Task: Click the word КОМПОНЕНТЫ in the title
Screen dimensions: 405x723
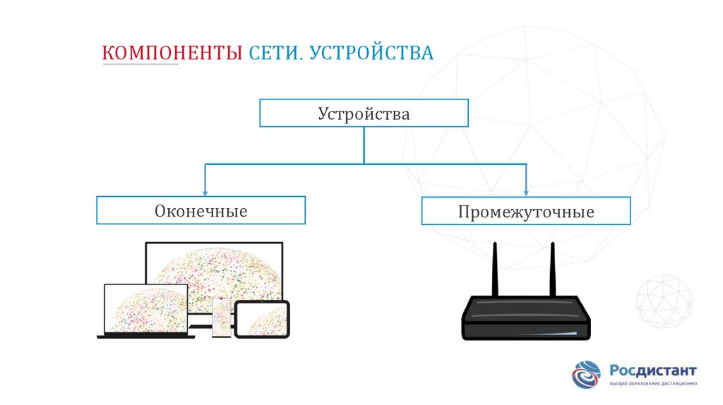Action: tap(172, 54)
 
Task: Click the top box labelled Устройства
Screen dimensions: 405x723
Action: tap(364, 113)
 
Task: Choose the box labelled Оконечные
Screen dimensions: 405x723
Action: tap(201, 210)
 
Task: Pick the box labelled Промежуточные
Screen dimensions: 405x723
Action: tap(526, 211)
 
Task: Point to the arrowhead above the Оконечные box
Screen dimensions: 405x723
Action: tap(205, 191)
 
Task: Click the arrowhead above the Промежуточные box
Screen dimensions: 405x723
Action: tap(526, 191)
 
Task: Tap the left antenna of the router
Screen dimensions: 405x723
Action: tap(496, 269)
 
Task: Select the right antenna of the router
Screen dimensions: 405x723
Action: tap(552, 269)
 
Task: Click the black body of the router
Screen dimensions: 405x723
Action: tap(526, 318)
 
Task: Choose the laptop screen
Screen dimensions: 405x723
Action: tap(146, 309)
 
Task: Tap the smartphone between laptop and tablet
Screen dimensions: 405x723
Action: tap(222, 317)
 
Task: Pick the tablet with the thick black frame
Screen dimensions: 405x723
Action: tap(262, 319)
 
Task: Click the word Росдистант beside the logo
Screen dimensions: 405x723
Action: tap(652, 370)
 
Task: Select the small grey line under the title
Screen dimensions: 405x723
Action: tap(141, 65)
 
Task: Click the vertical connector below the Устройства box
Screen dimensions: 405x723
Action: tap(364, 145)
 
